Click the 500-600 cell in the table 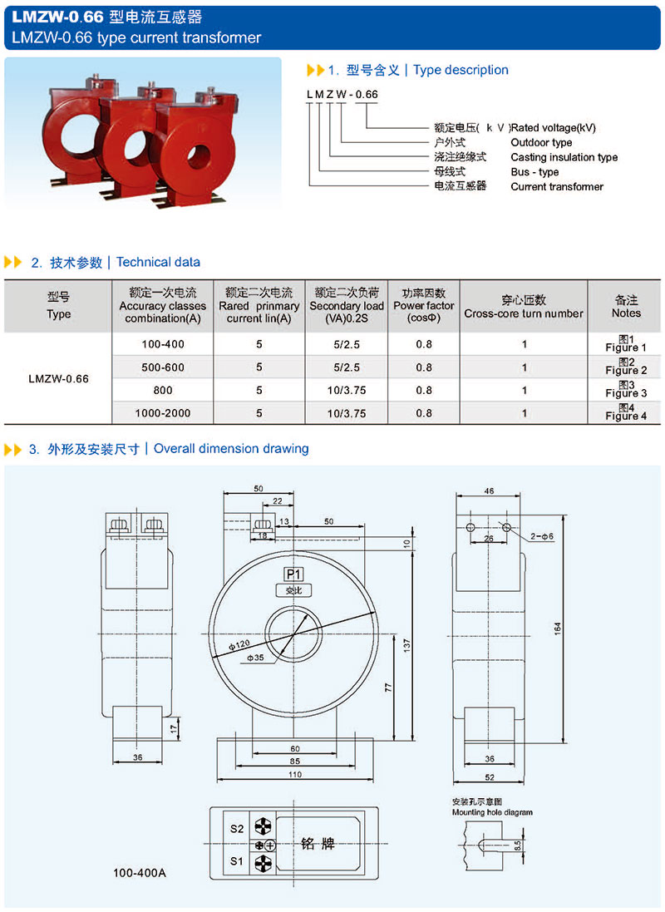[x=163, y=367]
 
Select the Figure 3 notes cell [x=626, y=390]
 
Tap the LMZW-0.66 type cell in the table [x=58, y=378]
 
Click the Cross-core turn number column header [x=524, y=307]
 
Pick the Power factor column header [x=424, y=306]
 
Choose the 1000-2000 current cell [x=163, y=412]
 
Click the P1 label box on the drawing [x=293, y=574]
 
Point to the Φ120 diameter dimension [x=239, y=645]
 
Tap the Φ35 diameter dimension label [x=256, y=658]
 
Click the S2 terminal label [x=237, y=829]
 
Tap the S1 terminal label [x=237, y=862]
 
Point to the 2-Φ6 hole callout [x=542, y=537]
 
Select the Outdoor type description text [x=541, y=142]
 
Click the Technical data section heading [x=158, y=262]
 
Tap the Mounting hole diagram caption [x=492, y=812]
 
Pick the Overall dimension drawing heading [x=231, y=449]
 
